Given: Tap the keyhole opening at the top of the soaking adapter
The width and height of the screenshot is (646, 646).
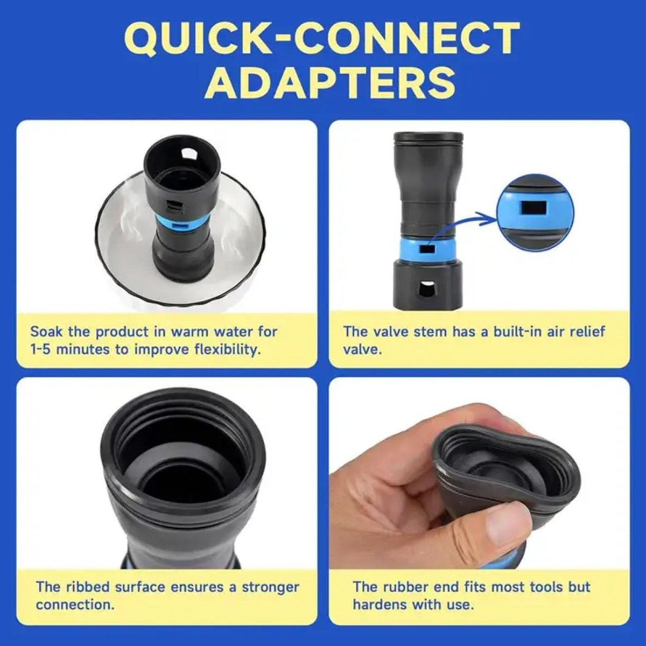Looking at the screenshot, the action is click(x=188, y=154).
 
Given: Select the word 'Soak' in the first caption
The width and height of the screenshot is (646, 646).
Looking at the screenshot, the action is click(x=47, y=332).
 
